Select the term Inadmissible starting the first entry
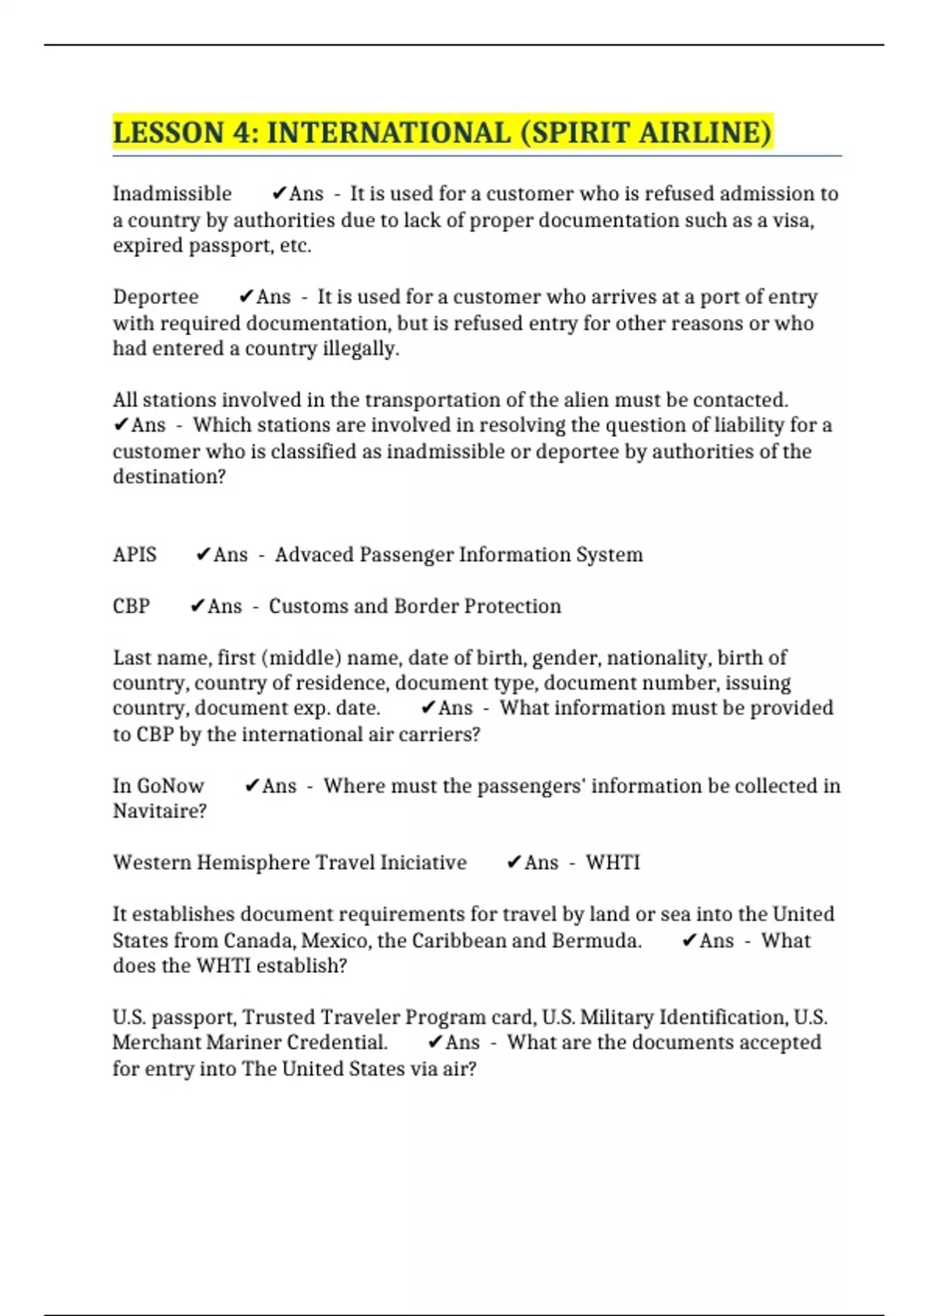(x=172, y=194)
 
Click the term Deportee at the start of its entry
(x=156, y=297)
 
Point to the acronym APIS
(x=135, y=555)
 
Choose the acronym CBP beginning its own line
(x=131, y=606)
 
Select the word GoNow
(x=170, y=787)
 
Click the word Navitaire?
(x=159, y=811)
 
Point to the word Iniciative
(x=423, y=863)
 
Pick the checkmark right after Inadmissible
(x=279, y=194)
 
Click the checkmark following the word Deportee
(x=246, y=297)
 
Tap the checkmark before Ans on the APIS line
(x=204, y=555)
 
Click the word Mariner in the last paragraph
(x=244, y=1043)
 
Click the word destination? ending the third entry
(x=169, y=477)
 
